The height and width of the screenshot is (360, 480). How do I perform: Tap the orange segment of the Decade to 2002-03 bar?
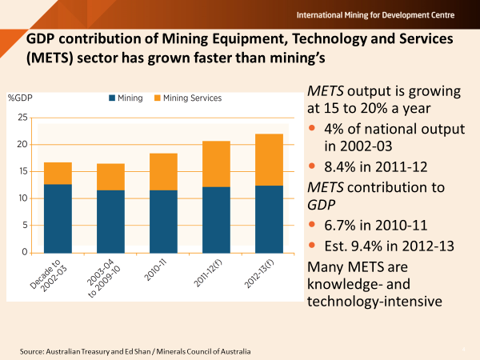58,174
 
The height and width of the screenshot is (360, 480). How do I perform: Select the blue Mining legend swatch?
113,98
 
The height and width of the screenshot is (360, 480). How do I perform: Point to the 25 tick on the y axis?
23,118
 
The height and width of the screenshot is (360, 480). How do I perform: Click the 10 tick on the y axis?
23,198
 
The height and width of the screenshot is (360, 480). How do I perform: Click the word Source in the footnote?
34,352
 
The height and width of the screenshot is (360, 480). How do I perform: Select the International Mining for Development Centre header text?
387,15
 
